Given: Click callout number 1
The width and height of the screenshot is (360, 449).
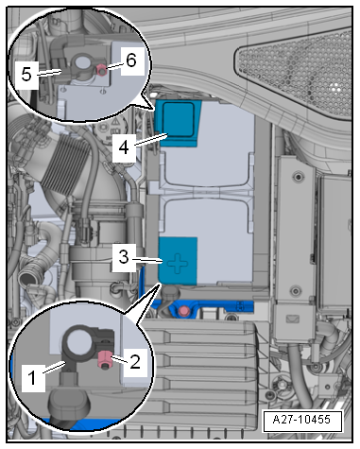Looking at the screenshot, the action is (x=32, y=377).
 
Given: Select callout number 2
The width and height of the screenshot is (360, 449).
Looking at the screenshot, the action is (x=135, y=362).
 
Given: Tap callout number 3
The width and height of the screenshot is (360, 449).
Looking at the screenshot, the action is (x=124, y=257).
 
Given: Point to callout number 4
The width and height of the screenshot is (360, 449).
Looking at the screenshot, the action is (x=124, y=147).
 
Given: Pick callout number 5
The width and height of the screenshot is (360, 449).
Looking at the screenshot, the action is (x=26, y=75).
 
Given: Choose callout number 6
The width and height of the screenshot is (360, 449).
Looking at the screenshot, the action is (x=131, y=60).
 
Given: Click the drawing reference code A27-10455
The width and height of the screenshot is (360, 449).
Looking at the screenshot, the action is (x=301, y=420).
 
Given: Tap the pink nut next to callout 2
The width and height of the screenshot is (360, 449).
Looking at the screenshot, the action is (x=104, y=360).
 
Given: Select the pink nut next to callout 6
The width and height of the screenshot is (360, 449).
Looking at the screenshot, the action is (x=102, y=70).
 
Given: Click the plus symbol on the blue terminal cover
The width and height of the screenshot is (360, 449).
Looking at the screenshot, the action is (x=178, y=263).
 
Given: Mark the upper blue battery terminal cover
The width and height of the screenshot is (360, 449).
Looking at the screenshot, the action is (x=179, y=123).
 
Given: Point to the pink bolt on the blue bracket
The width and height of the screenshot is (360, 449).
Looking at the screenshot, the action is (x=182, y=311).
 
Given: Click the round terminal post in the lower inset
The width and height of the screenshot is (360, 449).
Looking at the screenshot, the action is (x=77, y=343).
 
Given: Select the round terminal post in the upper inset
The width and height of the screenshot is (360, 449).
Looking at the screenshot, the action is (x=81, y=61).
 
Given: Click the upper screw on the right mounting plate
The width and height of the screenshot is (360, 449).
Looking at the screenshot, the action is (x=298, y=177).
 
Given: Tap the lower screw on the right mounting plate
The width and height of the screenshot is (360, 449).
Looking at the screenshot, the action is (x=296, y=290).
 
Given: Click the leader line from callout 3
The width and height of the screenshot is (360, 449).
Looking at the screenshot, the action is (x=146, y=260).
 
